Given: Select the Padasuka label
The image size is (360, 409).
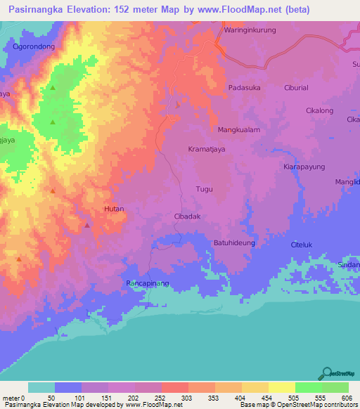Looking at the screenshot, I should [x=244, y=88].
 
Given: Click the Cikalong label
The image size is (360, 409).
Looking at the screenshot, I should [x=319, y=110].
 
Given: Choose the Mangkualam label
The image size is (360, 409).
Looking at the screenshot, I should [x=239, y=130].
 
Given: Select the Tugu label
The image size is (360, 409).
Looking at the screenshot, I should [x=204, y=190].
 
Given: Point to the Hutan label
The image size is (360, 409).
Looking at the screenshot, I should [x=113, y=209].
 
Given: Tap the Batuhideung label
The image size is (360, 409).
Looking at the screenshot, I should [x=234, y=242].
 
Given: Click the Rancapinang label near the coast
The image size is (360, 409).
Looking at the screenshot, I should [x=148, y=283].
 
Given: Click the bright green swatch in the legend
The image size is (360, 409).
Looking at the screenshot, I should [x=308, y=387].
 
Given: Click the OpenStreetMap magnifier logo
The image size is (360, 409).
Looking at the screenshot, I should [x=326, y=372].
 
